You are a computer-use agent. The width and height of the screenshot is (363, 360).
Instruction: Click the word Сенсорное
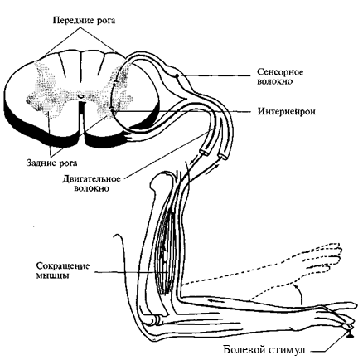280,72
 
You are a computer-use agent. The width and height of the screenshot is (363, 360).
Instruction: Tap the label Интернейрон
287,111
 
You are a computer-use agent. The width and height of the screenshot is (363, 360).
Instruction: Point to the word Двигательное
91,179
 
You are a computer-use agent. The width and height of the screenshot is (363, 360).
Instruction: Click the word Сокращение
63,266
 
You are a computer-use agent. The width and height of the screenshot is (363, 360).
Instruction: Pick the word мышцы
52,276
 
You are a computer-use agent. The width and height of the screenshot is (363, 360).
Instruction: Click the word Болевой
243,349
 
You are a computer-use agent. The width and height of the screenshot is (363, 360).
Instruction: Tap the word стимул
286,350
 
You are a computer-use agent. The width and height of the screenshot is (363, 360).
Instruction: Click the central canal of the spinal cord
80,96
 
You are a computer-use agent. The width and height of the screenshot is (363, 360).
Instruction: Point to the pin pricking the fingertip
349,333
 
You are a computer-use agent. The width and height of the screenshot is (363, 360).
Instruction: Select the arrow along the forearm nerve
218,301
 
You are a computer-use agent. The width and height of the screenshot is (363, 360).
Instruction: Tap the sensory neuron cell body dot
177,75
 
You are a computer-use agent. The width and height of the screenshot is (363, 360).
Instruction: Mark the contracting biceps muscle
165,249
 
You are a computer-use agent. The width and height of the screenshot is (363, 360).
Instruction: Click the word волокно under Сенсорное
275,82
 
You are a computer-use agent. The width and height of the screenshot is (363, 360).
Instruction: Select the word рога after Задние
68,163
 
